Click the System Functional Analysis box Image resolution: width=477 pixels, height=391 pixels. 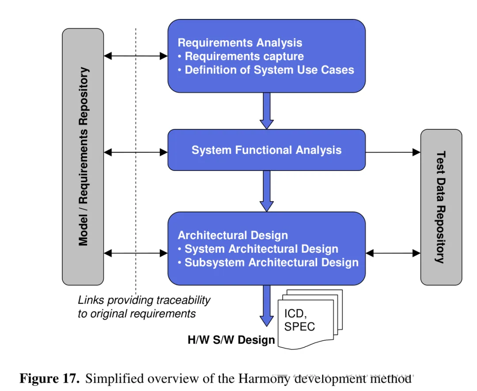tap(266, 150)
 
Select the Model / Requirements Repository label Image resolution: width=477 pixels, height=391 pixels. tap(83, 156)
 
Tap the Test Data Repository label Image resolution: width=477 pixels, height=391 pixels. tap(441, 207)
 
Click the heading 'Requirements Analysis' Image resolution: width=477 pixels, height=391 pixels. tap(240, 42)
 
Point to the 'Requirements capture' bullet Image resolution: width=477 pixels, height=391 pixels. tap(241, 56)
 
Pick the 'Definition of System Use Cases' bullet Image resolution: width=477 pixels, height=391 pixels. tap(266, 70)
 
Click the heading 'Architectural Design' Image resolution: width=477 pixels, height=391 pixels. tap(233, 235)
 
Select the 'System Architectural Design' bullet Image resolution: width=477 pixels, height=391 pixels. tap(258, 249)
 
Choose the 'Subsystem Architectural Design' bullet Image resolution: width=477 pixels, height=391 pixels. tap(269, 262)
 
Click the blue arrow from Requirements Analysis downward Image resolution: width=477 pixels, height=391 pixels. tap(267, 111)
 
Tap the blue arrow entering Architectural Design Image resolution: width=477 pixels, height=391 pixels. tap(267, 191)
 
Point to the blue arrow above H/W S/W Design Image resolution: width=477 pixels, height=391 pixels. tap(267, 306)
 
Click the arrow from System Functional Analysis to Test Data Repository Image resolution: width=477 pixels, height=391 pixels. tap(393, 152)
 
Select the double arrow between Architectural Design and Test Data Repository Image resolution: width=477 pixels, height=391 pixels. tap(393, 253)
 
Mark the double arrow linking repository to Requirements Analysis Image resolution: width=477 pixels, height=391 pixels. tap(136, 56)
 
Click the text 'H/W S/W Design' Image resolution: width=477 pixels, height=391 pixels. tap(231, 340)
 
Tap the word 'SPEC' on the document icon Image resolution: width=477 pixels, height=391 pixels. tap(299, 326)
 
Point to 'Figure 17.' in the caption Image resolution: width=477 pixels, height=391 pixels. tap(49, 379)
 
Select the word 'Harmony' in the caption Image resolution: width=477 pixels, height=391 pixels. tap(264, 379)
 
